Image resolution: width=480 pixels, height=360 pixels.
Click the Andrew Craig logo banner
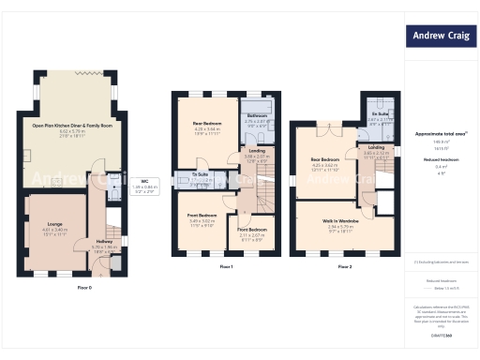click(x=441, y=37)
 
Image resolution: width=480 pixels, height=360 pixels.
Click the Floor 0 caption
click(x=84, y=288)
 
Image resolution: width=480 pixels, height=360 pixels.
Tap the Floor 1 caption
click(x=225, y=267)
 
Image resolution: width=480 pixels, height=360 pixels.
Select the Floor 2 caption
click(x=345, y=267)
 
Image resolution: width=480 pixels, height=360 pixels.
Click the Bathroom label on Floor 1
click(x=257, y=116)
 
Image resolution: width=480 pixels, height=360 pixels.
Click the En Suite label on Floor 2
click(x=379, y=114)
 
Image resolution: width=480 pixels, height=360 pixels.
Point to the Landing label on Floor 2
click(x=377, y=147)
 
